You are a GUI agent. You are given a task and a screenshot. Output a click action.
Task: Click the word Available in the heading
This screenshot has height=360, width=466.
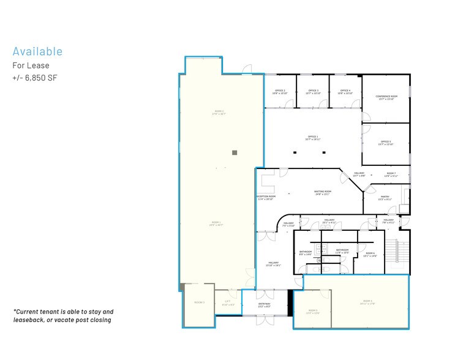pyautogui.click(x=37, y=51)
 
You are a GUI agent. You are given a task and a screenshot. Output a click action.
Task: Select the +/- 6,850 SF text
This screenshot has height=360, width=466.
pyautogui.click(x=34, y=78)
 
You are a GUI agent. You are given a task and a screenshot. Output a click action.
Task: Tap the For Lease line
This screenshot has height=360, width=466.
pyautogui.click(x=31, y=66)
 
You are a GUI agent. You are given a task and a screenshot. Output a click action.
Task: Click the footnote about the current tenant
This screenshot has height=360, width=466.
pyautogui.click(x=62, y=315)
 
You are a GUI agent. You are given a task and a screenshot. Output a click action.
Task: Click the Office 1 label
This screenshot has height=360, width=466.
pyautogui.click(x=312, y=138)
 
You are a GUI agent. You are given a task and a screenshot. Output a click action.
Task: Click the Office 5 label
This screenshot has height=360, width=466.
pyautogui.click(x=386, y=143)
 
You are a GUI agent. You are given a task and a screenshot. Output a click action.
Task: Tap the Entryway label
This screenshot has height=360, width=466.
pyautogui.click(x=264, y=305)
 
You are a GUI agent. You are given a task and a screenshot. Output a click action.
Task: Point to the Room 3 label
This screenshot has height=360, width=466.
pyautogui.click(x=199, y=302)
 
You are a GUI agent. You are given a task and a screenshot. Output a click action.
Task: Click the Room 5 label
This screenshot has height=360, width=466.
pyautogui.click(x=312, y=312)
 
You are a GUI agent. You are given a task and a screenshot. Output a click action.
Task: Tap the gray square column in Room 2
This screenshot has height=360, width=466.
pyautogui.click(x=234, y=152)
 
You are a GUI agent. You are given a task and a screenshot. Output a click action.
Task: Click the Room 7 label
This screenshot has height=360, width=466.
pyautogui.click(x=391, y=174)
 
